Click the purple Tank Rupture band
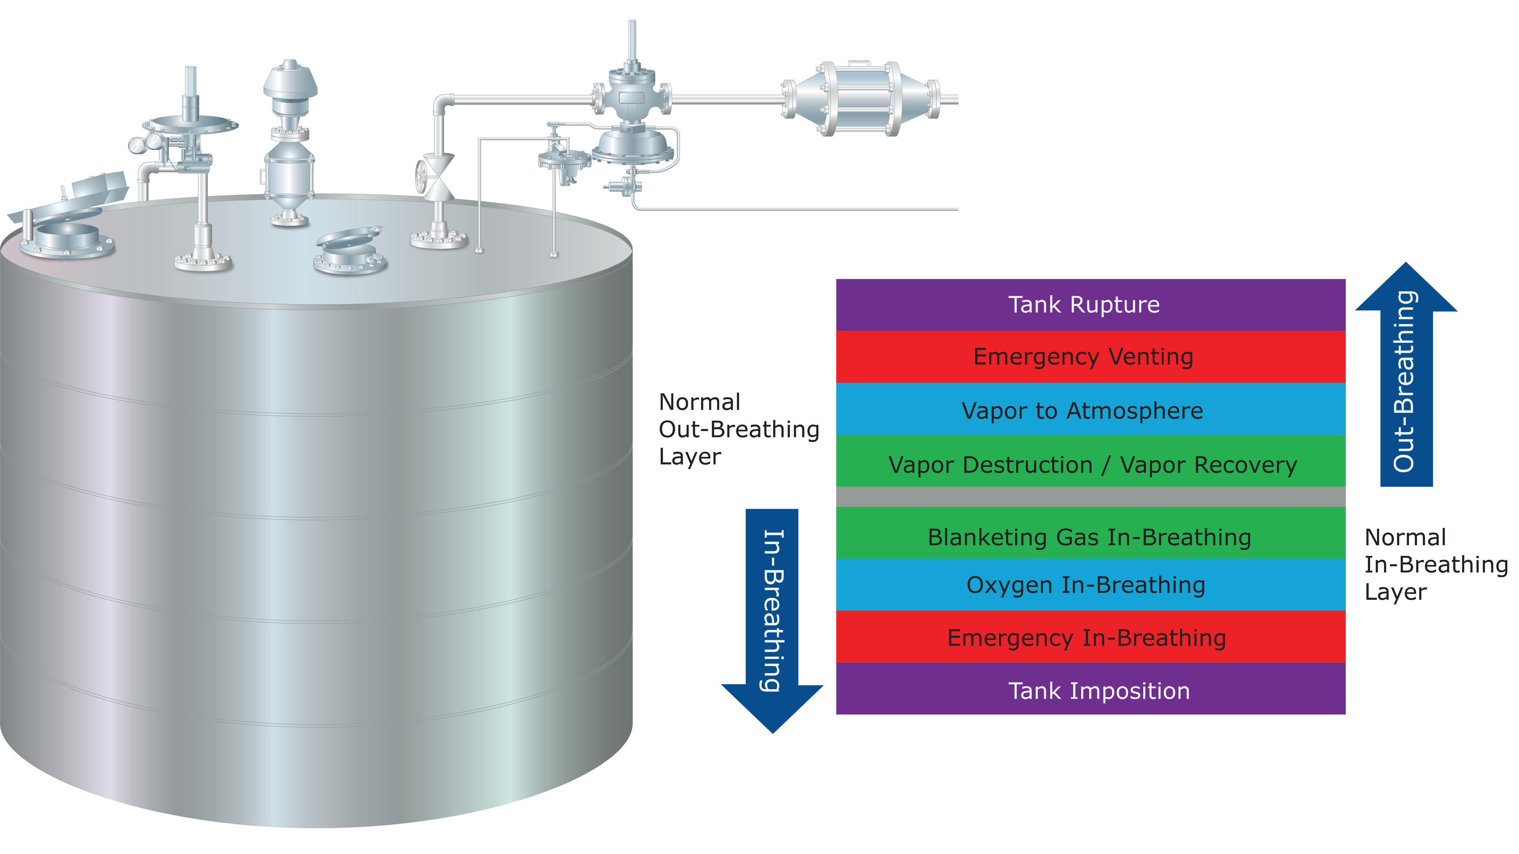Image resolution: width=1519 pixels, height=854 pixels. coord(1090,305)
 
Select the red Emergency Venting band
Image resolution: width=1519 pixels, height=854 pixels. coord(1090,357)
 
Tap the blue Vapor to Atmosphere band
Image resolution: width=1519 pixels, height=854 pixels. coord(1090,409)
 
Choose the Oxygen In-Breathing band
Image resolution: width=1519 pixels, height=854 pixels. coord(1090,585)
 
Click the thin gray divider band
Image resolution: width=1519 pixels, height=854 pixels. coord(1090,497)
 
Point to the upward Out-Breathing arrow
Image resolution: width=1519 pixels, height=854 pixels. coord(1406,377)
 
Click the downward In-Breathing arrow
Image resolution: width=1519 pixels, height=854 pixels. coord(772,619)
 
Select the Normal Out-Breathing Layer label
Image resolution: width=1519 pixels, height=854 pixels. coord(738,429)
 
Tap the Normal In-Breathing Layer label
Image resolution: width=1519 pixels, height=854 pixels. coord(1435,564)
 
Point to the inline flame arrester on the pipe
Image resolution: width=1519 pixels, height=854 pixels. coord(861,99)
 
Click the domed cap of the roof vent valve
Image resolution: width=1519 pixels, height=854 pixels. coord(290,80)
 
